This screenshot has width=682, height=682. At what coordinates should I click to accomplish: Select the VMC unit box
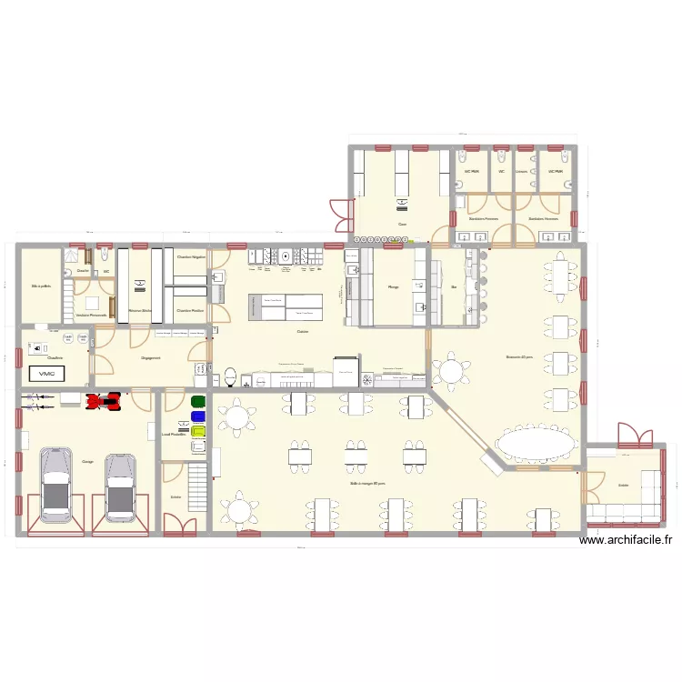click(x=44, y=373)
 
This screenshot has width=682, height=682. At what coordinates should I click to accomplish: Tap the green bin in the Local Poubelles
click(x=198, y=401)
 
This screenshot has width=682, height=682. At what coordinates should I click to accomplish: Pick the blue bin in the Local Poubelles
click(x=198, y=416)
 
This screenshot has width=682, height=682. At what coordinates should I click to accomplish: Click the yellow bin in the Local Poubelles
click(x=198, y=431)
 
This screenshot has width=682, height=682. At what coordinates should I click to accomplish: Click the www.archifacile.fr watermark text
click(x=627, y=539)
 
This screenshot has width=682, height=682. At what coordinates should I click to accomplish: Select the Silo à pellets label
click(x=40, y=287)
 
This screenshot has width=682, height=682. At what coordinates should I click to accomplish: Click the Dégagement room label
click(x=151, y=358)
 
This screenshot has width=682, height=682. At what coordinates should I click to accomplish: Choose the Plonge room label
click(x=394, y=287)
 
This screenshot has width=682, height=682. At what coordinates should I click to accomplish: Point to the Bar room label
click(x=454, y=287)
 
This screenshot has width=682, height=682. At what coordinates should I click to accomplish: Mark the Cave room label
click(x=401, y=225)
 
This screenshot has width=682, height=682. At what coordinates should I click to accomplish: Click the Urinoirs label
click(x=521, y=171)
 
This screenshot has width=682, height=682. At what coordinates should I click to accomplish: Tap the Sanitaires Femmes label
click(x=483, y=219)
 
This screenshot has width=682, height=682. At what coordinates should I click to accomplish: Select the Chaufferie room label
click(x=55, y=357)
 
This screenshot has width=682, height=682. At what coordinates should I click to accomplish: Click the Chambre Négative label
click(x=191, y=257)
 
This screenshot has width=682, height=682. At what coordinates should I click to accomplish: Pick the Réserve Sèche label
click(x=140, y=310)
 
